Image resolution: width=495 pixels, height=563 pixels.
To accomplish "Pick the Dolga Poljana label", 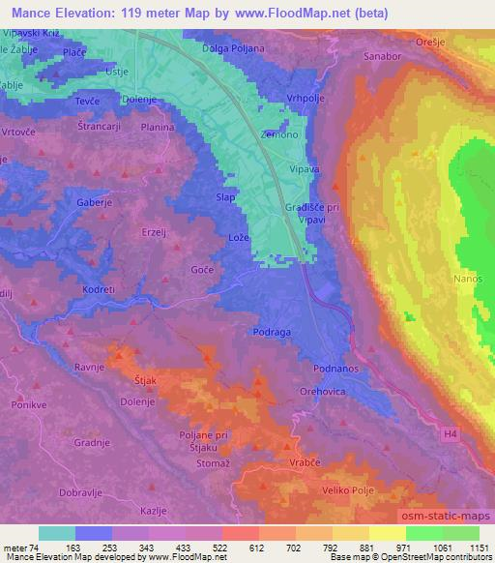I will coord(233,46).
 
